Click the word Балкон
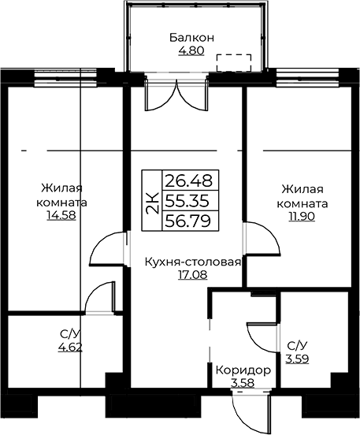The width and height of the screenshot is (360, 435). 191,38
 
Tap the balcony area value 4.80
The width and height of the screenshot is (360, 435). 191,50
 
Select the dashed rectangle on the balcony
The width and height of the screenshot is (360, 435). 234,63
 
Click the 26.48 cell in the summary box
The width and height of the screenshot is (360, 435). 188,180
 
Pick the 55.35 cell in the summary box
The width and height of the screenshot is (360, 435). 187,201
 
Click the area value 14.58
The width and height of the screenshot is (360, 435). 61,216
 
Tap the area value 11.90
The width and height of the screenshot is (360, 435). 302,216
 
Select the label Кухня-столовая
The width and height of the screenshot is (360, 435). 193,262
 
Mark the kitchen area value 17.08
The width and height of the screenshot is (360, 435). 192,275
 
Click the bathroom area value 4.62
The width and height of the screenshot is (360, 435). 70,347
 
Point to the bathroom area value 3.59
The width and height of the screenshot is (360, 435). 298,359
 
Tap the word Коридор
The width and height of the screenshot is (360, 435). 243,370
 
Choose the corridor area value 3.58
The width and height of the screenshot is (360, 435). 243,384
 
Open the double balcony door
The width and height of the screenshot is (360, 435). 176,95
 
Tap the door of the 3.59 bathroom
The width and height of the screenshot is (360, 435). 263,337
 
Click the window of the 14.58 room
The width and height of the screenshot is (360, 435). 65,79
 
